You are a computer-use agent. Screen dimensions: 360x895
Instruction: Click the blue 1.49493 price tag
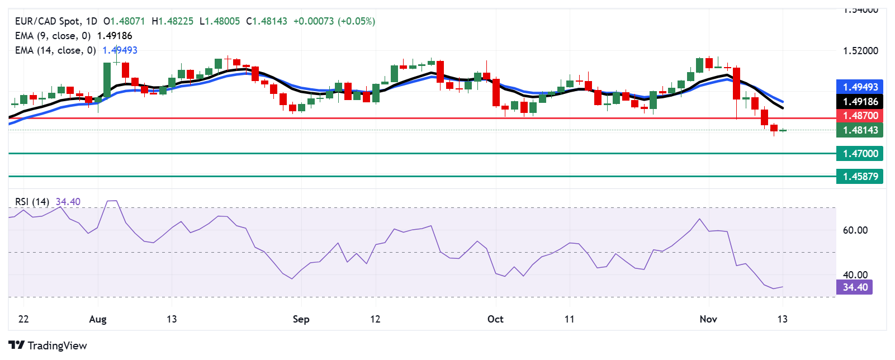coord(860,87)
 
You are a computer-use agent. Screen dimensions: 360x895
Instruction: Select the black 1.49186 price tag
coord(860,101)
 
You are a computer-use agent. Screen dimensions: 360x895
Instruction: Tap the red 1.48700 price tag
coord(860,116)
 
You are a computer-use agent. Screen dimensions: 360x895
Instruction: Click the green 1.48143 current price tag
coord(860,130)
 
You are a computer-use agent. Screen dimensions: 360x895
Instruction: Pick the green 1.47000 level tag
coord(860,153)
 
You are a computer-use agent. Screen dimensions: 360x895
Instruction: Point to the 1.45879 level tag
coord(860,177)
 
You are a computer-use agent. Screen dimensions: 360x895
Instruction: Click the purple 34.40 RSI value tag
coord(855,287)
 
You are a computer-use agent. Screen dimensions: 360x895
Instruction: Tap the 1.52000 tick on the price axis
coord(860,51)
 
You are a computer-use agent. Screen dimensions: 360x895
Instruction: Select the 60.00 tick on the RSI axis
coord(855,230)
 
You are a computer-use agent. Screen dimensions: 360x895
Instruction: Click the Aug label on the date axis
coord(98,319)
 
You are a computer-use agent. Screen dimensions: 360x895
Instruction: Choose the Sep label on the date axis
coord(301,319)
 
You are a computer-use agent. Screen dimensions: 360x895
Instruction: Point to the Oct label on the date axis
coord(495,319)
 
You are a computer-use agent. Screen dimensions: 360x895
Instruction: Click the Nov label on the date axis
coord(708,319)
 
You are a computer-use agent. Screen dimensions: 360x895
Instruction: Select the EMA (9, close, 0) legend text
coord(53,36)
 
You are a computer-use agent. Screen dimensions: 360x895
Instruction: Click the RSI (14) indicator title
coord(32,202)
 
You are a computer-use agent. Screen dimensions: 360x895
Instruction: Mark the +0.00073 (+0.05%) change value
coord(334,21)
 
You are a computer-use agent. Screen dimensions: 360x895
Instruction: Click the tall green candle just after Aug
coord(107,80)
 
